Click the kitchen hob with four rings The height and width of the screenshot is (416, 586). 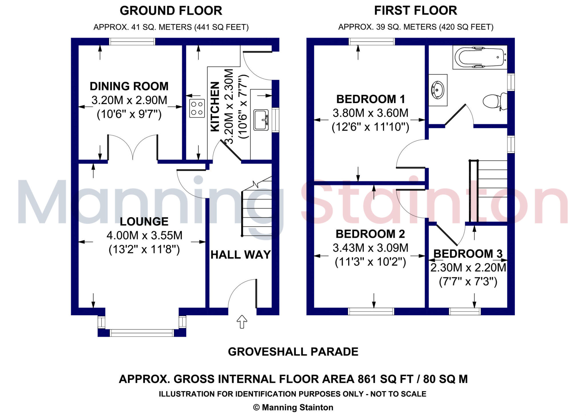(x=197, y=108)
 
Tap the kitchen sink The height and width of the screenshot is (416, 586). (x=261, y=120)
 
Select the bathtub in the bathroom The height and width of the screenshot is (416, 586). (x=480, y=58)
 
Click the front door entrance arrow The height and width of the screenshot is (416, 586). (x=242, y=322)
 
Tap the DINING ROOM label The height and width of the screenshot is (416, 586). (x=129, y=86)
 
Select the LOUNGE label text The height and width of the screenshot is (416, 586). (x=144, y=221)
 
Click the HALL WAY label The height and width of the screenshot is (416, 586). (x=240, y=255)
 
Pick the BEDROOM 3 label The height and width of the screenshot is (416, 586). (x=468, y=253)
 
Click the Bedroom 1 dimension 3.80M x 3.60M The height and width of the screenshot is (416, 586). (x=370, y=113)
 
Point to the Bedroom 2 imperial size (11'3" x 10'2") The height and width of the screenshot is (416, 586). (x=370, y=262)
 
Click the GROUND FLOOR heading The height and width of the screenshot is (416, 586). (x=171, y=11)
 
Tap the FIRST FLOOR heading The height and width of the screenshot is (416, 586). (x=415, y=11)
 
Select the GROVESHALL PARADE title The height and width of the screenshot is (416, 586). (x=293, y=352)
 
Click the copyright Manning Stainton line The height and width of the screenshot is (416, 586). (x=293, y=407)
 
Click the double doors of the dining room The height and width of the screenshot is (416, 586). (x=133, y=147)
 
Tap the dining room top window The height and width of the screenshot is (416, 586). (x=132, y=42)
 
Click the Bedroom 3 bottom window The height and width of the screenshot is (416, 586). (x=465, y=311)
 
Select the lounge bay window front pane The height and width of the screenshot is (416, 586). (x=142, y=333)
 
